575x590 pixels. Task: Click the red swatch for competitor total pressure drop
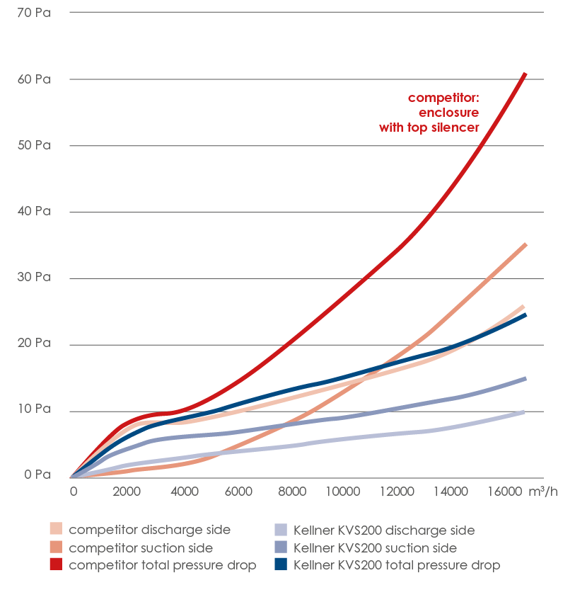[x=56, y=565]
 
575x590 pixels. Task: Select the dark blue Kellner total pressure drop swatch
[x=280, y=565]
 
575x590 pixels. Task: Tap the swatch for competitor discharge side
[x=56, y=529]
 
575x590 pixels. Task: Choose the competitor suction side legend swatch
[x=56, y=547]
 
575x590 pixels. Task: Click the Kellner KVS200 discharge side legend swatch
[x=280, y=529]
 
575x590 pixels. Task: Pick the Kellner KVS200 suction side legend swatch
[x=280, y=547]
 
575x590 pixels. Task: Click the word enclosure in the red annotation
[x=449, y=113]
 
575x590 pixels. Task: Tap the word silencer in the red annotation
[x=455, y=127]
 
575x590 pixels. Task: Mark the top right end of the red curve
[x=525, y=74]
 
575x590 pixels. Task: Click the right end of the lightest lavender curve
[x=523, y=412]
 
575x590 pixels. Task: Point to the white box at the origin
[x=76, y=484]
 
